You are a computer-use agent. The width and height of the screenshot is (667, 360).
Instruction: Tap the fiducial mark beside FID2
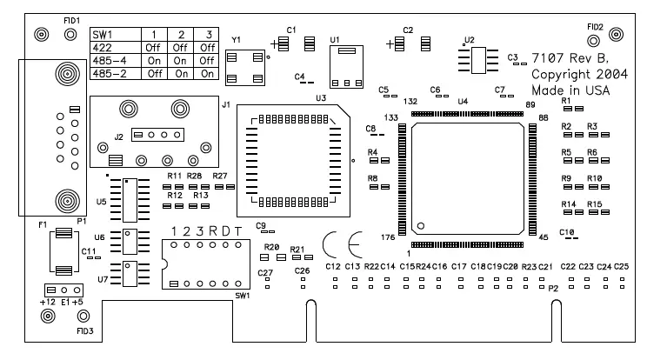(617, 34)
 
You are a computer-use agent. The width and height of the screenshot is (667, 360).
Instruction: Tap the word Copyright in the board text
(563, 75)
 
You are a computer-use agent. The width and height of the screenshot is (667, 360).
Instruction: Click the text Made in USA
(570, 90)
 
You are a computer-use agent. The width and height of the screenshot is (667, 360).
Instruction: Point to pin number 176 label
(390, 236)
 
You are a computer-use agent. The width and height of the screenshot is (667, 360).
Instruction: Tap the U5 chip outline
(130, 201)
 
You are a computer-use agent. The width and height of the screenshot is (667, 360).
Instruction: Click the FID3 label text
(84, 331)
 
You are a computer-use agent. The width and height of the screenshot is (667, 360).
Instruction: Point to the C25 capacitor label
(621, 266)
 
